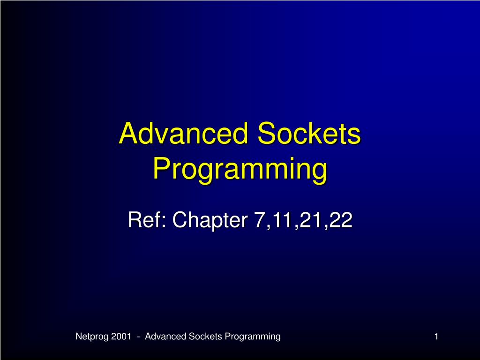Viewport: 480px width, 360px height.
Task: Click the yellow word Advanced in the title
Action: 183,134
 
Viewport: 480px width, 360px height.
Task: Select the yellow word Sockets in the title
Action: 309,134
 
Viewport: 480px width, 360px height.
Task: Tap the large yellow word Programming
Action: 240,169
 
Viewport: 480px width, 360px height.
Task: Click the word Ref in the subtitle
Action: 143,219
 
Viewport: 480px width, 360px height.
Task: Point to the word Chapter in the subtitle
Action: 210,220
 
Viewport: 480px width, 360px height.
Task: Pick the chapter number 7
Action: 259,220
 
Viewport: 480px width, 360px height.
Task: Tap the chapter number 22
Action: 341,220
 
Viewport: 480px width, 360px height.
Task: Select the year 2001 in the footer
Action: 121,337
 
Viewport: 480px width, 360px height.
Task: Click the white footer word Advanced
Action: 165,337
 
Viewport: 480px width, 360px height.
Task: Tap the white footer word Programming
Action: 253,337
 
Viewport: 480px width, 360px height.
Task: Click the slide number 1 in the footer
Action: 436,337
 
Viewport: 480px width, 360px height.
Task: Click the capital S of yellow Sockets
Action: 266,134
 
